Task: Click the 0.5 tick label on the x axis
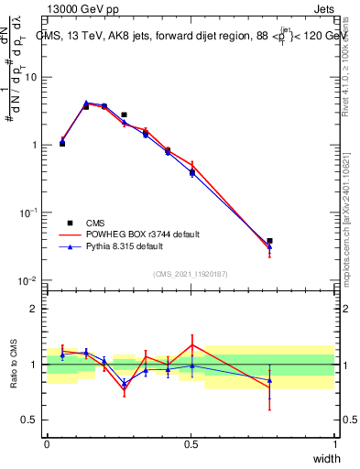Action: click(191, 444)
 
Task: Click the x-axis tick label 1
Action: click(335, 444)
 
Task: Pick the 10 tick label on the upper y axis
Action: click(32, 77)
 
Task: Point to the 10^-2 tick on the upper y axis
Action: click(30, 279)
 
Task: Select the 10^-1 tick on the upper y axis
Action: click(30, 212)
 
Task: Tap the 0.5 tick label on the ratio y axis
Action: click(32, 420)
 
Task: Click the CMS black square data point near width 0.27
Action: click(125, 115)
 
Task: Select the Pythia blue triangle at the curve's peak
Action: click(86, 104)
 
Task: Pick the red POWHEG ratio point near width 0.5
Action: click(191, 345)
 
